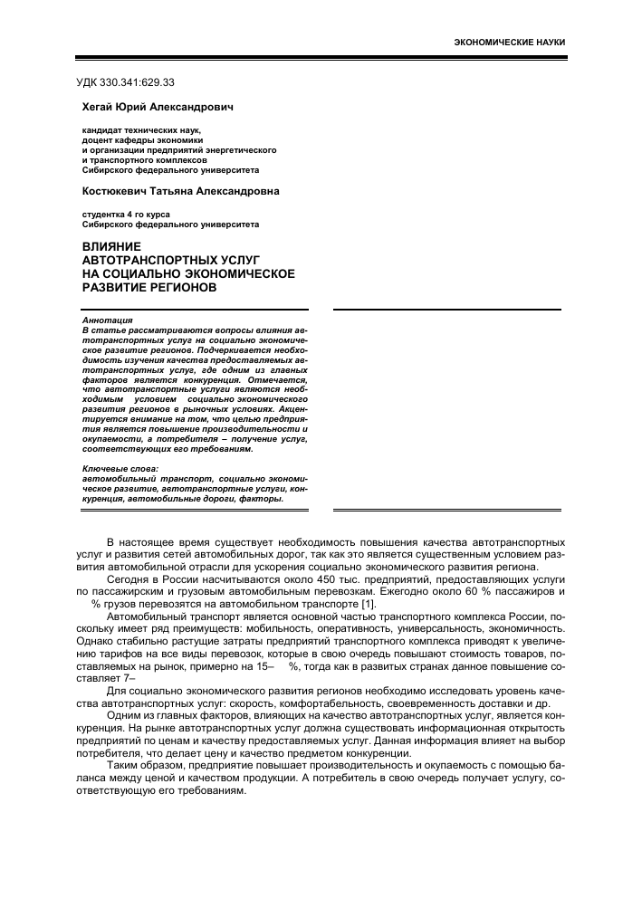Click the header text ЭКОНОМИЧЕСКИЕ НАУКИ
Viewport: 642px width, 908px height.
point(513,43)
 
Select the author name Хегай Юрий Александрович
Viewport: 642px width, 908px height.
point(158,107)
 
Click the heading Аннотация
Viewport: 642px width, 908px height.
point(107,320)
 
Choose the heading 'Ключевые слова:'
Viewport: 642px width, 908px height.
point(120,468)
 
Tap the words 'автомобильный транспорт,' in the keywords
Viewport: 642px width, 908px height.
point(148,477)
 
